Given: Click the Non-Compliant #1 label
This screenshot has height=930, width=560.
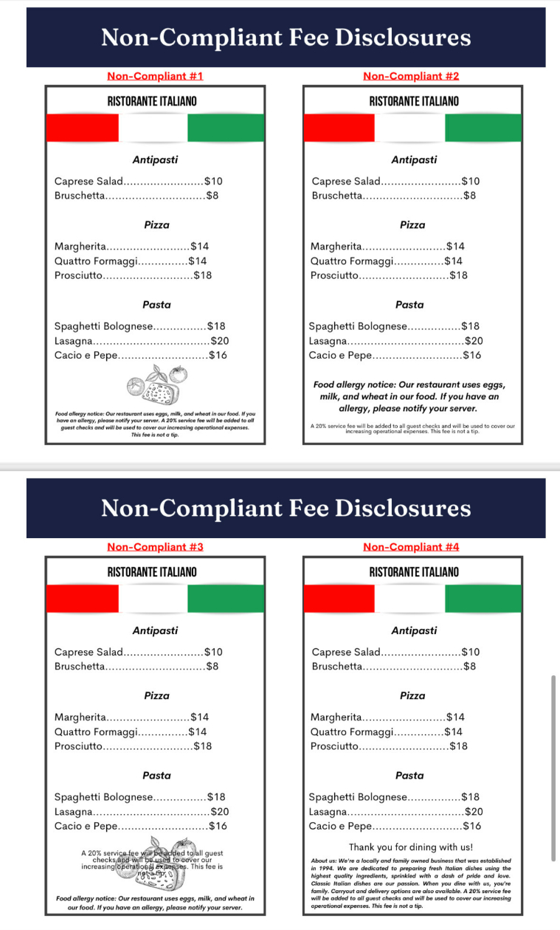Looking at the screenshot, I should pyautogui.click(x=155, y=76).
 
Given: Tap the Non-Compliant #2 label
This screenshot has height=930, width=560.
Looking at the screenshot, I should pyautogui.click(x=411, y=76).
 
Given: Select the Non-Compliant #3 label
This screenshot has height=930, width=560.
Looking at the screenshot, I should pyautogui.click(x=155, y=547).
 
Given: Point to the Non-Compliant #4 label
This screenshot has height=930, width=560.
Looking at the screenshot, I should pyautogui.click(x=411, y=547).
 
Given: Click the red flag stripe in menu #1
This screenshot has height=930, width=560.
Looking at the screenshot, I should pyautogui.click(x=82, y=128).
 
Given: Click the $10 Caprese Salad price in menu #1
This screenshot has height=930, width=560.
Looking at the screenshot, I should pyautogui.click(x=213, y=182).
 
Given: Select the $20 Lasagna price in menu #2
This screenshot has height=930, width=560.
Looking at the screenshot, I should pyautogui.click(x=474, y=341).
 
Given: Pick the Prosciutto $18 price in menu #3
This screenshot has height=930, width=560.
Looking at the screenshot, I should pyautogui.click(x=203, y=746).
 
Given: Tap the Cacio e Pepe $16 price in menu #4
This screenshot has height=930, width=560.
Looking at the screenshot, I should pyautogui.click(x=472, y=827).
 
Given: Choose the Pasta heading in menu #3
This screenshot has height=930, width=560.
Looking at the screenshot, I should pyautogui.click(x=156, y=776).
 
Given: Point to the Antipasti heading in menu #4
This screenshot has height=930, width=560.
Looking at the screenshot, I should pyautogui.click(x=414, y=631).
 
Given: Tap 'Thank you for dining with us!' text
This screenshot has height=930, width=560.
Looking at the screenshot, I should pyautogui.click(x=411, y=847).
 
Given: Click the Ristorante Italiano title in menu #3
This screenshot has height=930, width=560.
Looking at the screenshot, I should pyautogui.click(x=152, y=572).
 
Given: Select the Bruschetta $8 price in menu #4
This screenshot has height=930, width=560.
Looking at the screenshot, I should pyautogui.click(x=469, y=667).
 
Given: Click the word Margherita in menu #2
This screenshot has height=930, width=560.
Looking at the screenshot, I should pyautogui.click(x=336, y=247).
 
